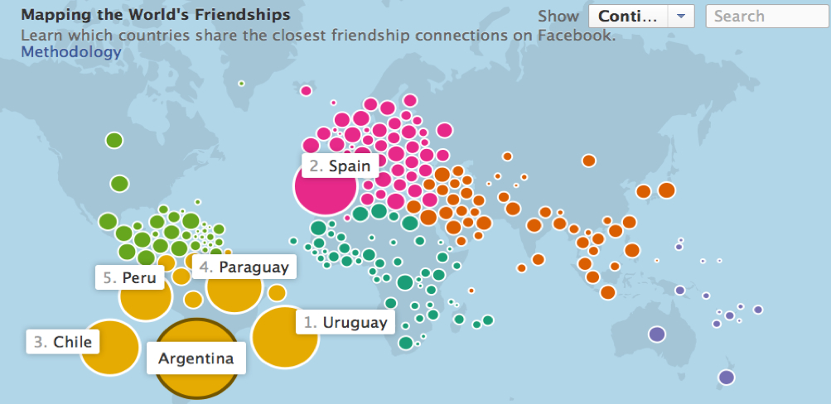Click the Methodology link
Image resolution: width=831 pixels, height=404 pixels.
70,51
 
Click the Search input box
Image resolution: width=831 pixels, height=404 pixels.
766,17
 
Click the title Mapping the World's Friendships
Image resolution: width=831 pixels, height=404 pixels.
155,15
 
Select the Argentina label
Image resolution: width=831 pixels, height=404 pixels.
196,358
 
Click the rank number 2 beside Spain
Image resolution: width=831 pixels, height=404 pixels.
316,166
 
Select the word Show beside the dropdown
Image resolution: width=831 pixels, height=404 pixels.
558,17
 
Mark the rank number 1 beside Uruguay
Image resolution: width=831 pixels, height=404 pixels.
310,322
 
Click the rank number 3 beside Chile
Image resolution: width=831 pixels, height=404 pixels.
40,341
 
